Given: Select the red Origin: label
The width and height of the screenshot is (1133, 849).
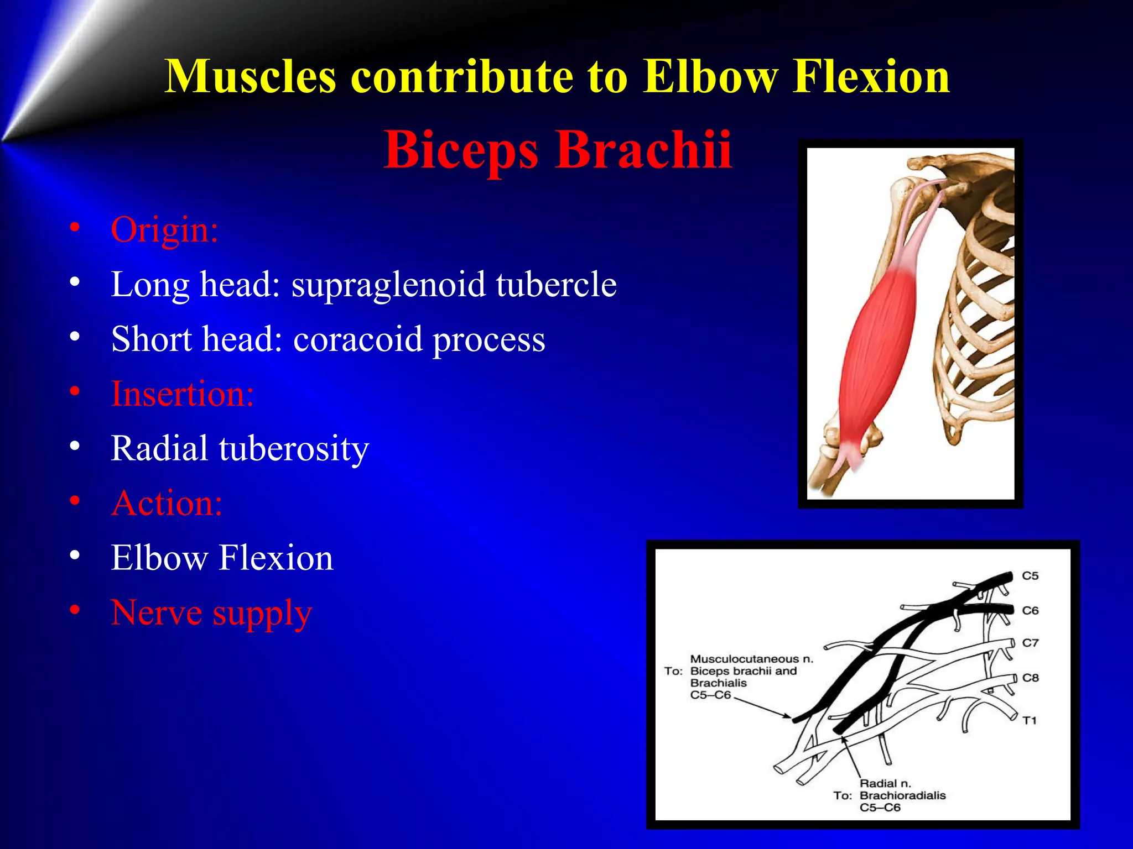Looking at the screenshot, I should click(164, 229).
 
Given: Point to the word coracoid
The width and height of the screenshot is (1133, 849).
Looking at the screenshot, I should click(357, 339).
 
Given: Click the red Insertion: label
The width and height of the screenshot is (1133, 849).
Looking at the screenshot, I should click(182, 394).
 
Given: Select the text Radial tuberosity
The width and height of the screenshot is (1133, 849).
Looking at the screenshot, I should click(240, 448).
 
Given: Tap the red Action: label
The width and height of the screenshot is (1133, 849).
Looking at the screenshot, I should click(167, 503).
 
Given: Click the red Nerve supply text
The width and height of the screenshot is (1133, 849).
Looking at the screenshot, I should click(211, 613).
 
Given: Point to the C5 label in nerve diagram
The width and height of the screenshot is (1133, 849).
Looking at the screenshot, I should click(1030, 576).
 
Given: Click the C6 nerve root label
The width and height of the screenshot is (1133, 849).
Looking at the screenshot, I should click(1030, 610).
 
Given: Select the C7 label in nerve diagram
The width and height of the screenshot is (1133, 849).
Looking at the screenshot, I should click(1030, 643).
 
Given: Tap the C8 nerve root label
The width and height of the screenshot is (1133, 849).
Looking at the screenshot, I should click(1030, 678).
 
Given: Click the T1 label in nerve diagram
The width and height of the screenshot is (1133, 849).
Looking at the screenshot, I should click(1029, 720).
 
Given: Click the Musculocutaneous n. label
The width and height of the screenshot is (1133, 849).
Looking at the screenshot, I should click(751, 659).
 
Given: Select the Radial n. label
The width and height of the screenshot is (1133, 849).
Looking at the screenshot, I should click(885, 783).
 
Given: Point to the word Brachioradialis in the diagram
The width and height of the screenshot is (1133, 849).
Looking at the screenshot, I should click(902, 795).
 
